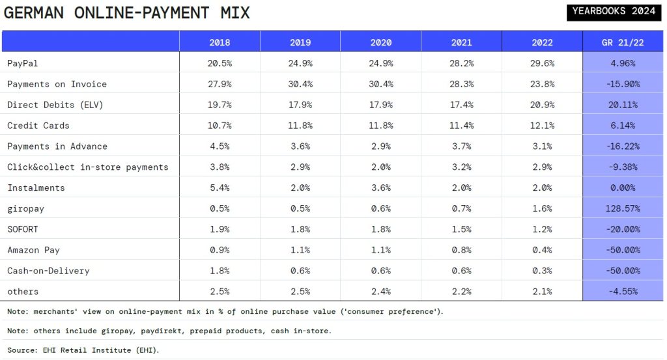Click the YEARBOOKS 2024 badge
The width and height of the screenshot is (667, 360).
tap(614, 10)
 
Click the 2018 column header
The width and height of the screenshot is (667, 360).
tap(220, 42)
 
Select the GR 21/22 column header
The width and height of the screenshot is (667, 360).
tap(623, 42)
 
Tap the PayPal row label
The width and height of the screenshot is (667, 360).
tap(23, 63)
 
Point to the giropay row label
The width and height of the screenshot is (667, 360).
tap(26, 208)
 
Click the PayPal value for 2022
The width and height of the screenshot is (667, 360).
tap(542, 63)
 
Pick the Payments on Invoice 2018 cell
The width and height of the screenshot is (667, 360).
tap(220, 84)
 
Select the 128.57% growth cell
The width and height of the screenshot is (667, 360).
tap(623, 208)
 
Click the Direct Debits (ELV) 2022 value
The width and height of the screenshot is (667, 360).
tap(542, 105)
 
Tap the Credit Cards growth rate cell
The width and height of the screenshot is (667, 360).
tap(623, 126)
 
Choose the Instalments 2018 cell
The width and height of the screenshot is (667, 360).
tap(220, 187)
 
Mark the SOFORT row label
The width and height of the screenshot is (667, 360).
tap(23, 229)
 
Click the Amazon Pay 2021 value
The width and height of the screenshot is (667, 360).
tap(461, 250)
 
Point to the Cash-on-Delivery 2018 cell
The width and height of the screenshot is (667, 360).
tap(220, 271)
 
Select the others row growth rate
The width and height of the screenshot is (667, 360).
tap(623, 292)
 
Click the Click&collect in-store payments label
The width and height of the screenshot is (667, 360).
tap(88, 167)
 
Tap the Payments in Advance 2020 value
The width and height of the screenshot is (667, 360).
tap(380, 146)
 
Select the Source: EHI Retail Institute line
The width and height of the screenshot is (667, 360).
tap(83, 350)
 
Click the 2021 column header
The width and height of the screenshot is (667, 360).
tap(461, 42)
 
